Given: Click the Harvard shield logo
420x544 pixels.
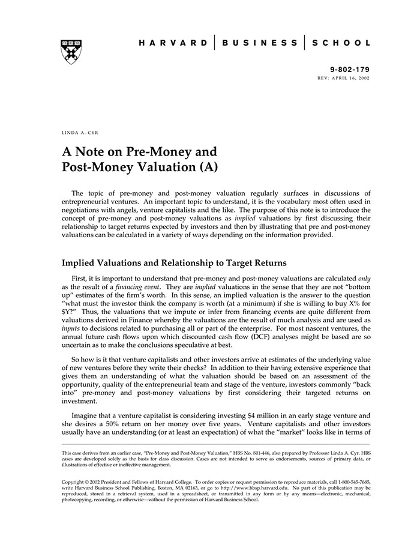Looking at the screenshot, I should pos(71,52).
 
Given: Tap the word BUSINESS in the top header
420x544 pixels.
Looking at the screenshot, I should pos(260,43).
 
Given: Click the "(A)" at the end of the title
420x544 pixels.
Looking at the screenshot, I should pos(202,168).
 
